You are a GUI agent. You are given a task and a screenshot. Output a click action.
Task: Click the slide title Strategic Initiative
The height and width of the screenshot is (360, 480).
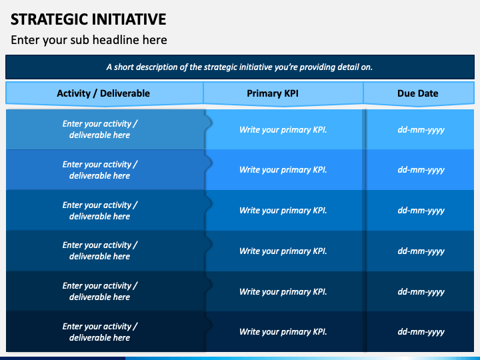(88, 19)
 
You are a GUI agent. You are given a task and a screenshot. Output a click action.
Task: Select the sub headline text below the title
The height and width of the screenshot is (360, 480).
(89, 40)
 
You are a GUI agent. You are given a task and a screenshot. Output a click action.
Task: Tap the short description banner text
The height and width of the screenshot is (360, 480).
(239, 67)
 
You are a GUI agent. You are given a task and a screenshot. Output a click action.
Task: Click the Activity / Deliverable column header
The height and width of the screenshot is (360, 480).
(103, 93)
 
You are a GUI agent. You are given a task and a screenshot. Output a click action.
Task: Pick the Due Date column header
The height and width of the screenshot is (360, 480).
(418, 93)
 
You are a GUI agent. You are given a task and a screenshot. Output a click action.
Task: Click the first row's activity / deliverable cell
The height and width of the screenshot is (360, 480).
(100, 129)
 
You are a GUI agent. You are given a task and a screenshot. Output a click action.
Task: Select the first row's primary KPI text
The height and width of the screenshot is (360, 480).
(283, 129)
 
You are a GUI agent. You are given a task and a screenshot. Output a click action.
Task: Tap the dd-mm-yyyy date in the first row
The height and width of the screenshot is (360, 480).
(421, 129)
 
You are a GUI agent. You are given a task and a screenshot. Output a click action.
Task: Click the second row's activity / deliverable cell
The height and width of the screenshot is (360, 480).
(100, 170)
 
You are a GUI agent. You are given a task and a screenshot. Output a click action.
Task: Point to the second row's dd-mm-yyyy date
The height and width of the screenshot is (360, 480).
(421, 170)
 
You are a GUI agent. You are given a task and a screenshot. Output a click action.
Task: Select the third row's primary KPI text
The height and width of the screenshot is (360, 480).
(283, 211)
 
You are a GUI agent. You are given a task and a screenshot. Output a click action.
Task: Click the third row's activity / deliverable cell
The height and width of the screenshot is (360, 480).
(100, 211)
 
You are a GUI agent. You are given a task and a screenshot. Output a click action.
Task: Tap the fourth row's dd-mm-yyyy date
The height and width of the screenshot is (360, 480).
(421, 251)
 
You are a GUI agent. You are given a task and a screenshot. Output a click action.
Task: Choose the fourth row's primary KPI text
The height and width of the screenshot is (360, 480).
(283, 251)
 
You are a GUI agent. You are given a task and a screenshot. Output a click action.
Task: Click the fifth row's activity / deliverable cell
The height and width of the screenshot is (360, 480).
(100, 291)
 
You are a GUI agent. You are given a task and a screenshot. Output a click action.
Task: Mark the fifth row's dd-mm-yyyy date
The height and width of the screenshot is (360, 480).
(421, 291)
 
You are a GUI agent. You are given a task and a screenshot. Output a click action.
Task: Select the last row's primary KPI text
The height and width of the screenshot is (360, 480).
(283, 332)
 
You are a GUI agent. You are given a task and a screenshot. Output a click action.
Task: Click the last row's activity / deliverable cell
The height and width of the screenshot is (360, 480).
(100, 332)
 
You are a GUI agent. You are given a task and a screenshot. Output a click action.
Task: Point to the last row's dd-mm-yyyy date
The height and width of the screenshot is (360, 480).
(421, 332)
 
